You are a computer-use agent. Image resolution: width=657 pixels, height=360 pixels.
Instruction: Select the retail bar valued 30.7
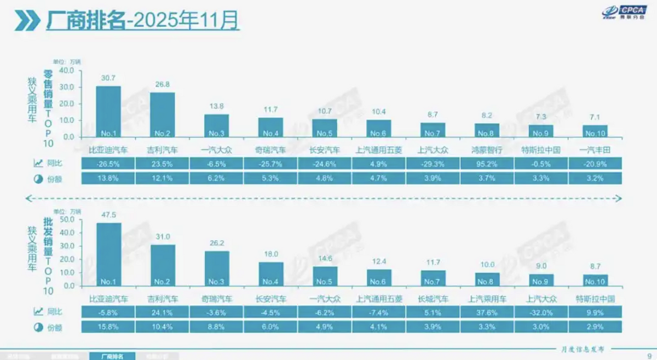coord(108,112)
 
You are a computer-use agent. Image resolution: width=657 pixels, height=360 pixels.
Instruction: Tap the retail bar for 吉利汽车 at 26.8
coord(163,115)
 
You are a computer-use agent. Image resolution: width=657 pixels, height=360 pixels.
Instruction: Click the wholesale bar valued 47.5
coord(108,254)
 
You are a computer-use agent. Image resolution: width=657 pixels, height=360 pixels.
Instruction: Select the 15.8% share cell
coord(108,327)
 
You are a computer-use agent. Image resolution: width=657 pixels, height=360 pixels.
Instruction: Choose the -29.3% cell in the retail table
coord(433,163)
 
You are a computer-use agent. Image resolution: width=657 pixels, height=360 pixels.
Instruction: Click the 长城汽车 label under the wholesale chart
coord(433,299)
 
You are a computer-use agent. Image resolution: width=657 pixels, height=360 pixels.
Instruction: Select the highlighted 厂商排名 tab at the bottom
coord(111,356)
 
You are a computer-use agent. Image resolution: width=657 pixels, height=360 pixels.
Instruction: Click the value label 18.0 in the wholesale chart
coord(271,254)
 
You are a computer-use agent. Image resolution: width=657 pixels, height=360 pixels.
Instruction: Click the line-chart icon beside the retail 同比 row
coord(39,163)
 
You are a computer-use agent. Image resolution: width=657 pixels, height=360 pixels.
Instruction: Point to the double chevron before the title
coord(26,21)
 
